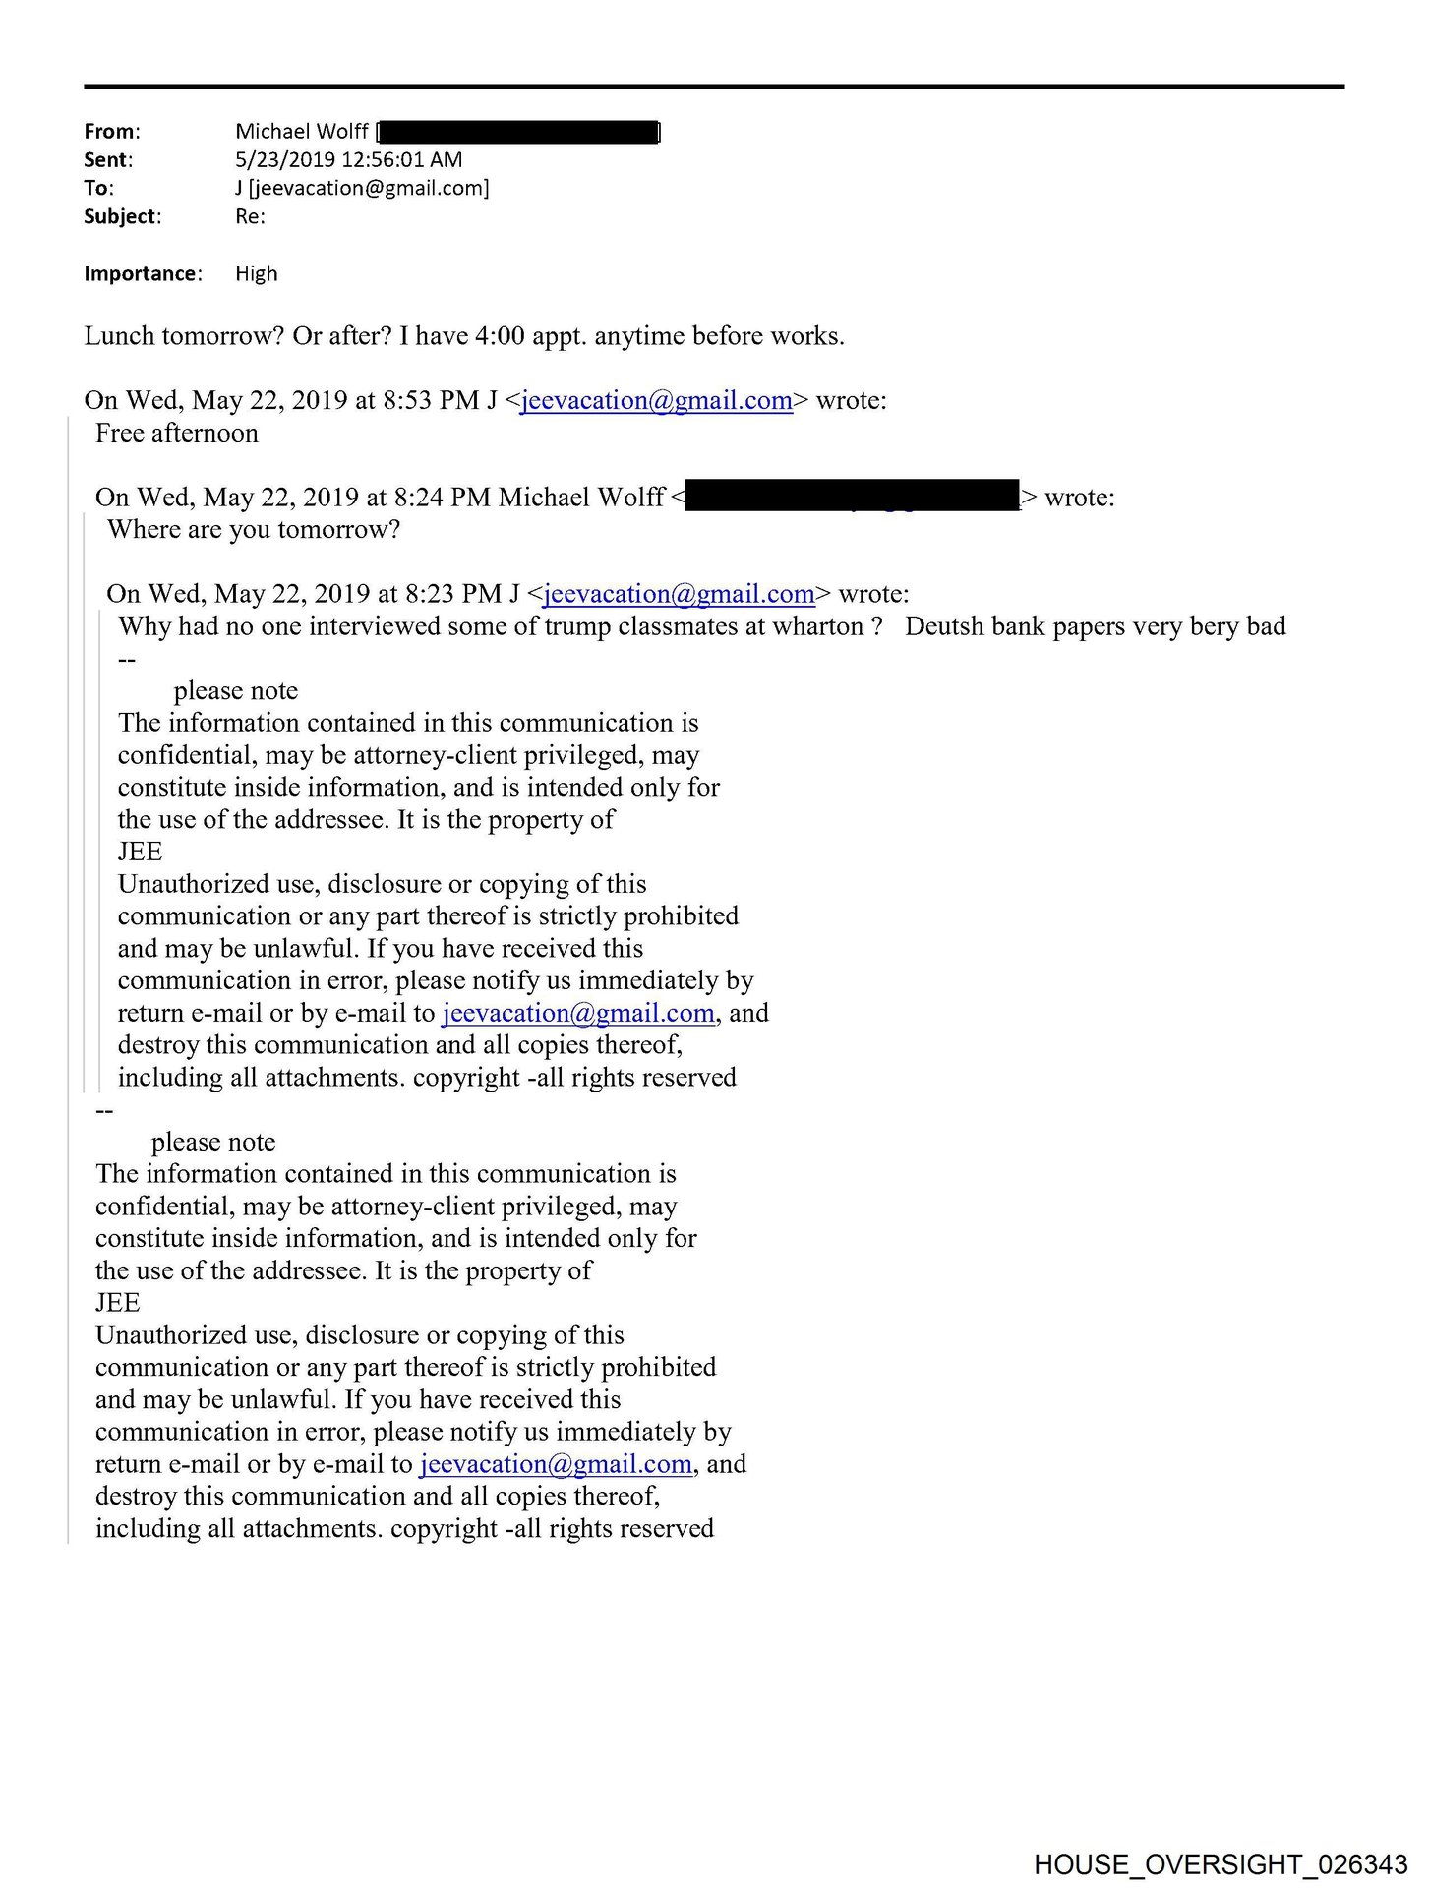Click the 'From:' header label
[111, 132]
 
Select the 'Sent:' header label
[107, 160]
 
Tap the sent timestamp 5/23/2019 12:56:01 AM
[348, 160]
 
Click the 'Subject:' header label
[122, 217]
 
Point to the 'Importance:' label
[143, 274]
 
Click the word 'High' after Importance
[256, 274]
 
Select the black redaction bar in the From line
[518, 132]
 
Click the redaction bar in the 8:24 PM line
[852, 497]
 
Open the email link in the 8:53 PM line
[656, 401]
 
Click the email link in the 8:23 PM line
[679, 594]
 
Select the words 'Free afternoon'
[177, 434]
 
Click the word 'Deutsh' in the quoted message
[947, 626]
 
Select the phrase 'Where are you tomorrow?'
[254, 530]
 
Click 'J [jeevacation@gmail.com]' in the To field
[362, 189]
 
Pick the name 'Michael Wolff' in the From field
[301, 132]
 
